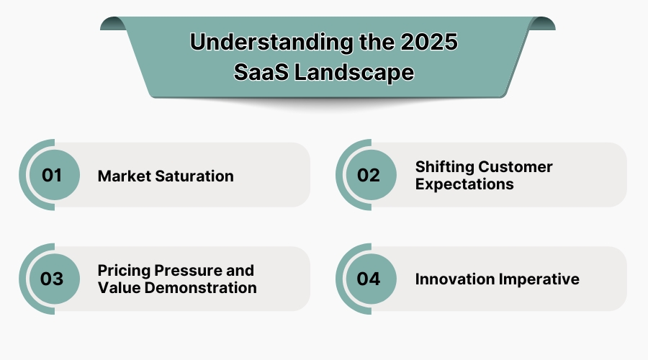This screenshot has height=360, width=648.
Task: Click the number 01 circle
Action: [52, 175]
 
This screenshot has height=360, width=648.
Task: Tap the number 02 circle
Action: [369, 175]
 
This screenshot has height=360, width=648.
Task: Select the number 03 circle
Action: [52, 279]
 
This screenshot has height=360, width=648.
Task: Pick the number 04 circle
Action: [369, 279]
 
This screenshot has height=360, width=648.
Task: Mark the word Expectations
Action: [464, 184]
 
